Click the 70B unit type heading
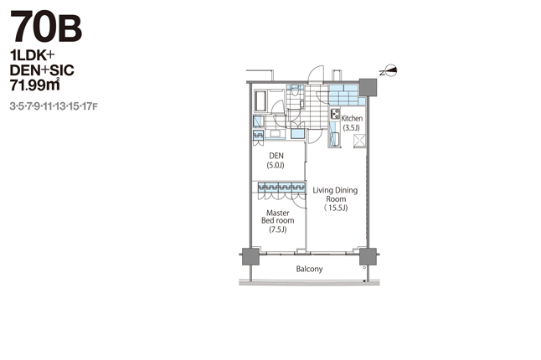click(46, 26)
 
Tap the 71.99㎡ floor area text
click(35, 85)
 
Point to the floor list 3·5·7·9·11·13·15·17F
click(54, 106)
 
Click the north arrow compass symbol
click(389, 71)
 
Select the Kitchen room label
click(352, 118)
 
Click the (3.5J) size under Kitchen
click(351, 128)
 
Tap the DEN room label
click(276, 156)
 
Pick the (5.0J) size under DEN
click(276, 165)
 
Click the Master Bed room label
click(278, 217)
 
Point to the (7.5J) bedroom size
click(278, 229)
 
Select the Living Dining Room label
click(335, 194)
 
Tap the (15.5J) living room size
click(336, 208)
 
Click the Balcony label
click(310, 269)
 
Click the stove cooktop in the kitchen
click(335, 114)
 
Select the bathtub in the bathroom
click(260, 100)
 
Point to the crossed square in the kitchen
click(359, 141)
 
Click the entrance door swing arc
click(316, 74)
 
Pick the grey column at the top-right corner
click(368, 88)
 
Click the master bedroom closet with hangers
click(281, 188)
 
